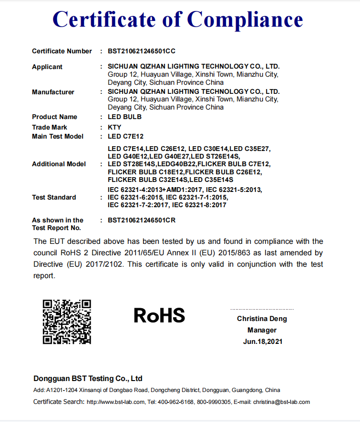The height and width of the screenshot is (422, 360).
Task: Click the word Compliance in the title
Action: tap(245, 20)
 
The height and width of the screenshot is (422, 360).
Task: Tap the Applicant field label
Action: tap(47, 67)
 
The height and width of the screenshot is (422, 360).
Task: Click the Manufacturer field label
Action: tap(53, 92)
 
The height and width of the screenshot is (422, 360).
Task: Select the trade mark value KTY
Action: tap(114, 127)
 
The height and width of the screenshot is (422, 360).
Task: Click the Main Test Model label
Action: tap(57, 136)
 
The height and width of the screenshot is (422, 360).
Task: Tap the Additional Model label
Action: tap(59, 164)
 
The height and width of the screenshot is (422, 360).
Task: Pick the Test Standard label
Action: tap(54, 197)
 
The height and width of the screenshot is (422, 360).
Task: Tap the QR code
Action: tap(67, 322)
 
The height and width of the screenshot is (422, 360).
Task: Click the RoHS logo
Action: tap(159, 315)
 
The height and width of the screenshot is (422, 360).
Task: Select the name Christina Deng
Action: tap(262, 319)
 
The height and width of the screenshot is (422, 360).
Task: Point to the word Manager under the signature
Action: tap(262, 330)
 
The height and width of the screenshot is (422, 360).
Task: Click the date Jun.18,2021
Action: tap(262, 342)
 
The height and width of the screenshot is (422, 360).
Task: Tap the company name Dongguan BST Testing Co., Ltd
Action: tap(88, 379)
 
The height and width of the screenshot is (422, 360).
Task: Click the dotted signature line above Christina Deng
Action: tap(262, 310)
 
